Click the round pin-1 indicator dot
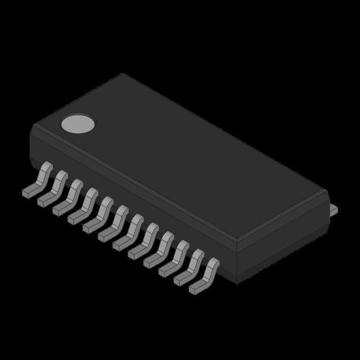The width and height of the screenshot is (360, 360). (78, 123)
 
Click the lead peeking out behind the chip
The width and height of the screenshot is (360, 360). (334, 210)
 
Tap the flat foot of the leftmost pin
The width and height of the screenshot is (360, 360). (28, 192)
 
